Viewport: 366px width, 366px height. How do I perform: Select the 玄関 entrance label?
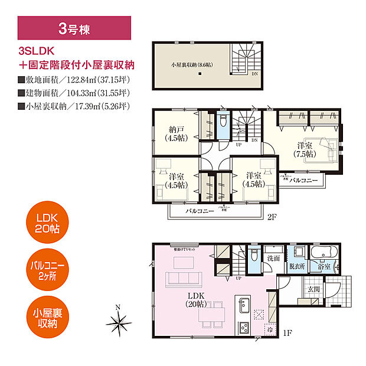[x=313, y=289]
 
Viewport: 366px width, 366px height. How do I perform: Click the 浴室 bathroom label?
[x=325, y=267]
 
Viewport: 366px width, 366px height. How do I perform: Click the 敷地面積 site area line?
[x=74, y=80]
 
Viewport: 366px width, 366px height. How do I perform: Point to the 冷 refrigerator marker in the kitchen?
[x=269, y=332]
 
